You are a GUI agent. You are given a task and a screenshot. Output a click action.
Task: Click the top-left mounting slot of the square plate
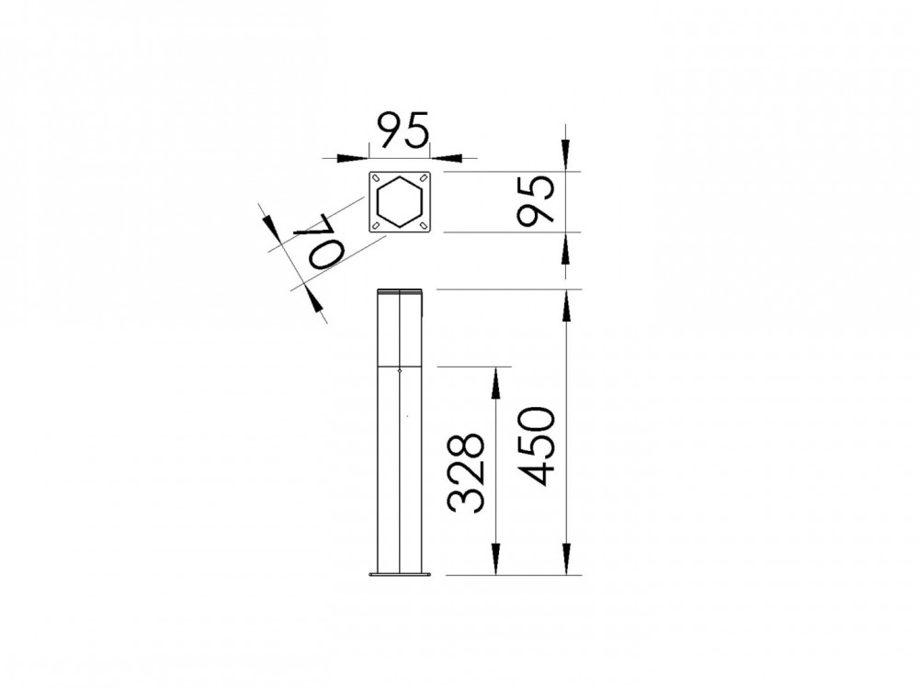click(x=378, y=178)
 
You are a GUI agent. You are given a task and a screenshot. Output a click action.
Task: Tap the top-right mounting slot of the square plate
click(x=424, y=178)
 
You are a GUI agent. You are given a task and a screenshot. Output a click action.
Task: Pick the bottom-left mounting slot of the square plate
click(x=378, y=224)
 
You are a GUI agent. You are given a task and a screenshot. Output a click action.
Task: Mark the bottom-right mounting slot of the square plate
click(x=424, y=224)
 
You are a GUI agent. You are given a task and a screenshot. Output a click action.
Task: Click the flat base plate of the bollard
click(x=401, y=575)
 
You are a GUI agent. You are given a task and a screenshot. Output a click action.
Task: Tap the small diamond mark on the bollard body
click(x=401, y=371)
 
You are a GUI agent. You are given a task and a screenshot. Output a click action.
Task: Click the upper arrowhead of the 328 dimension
click(x=496, y=381)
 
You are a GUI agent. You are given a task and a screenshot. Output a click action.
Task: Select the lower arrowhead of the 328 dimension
click(x=496, y=560)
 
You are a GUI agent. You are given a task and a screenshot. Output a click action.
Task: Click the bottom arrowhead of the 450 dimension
click(x=566, y=560)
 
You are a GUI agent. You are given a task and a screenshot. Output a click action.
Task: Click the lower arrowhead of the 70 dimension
click(x=315, y=302)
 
